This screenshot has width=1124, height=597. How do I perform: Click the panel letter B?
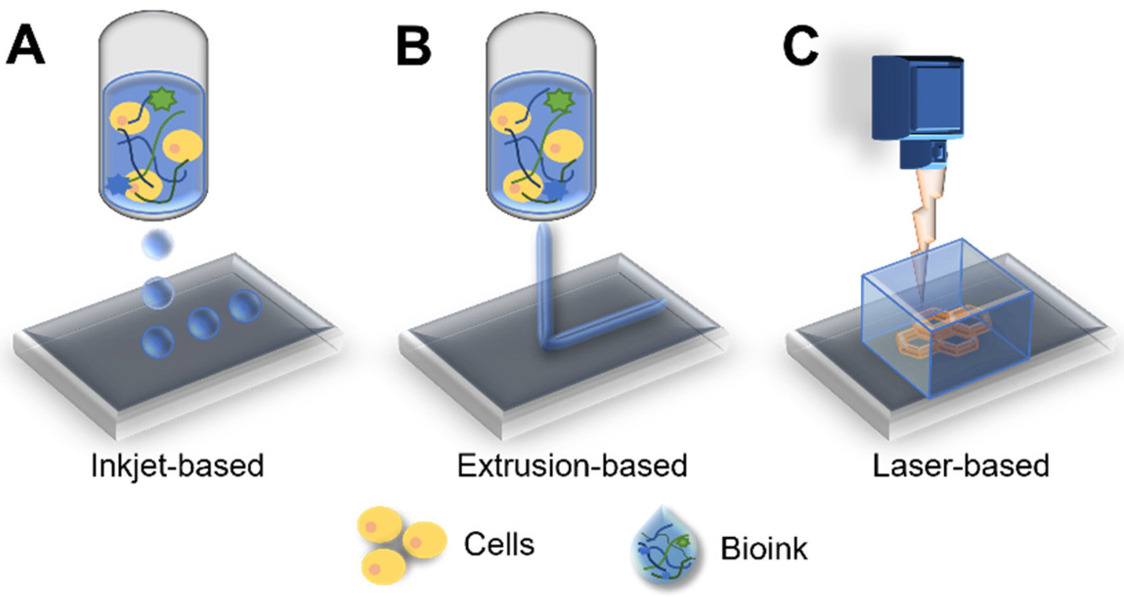pos(413,46)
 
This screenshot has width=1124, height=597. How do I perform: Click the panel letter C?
pos(801,46)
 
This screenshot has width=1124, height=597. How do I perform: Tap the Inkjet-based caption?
pos(177,466)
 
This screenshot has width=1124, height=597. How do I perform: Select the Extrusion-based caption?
pos(572,466)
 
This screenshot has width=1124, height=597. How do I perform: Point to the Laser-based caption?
pos(961,466)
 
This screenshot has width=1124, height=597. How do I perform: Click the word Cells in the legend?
pos(499,545)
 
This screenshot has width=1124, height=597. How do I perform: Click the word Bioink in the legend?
pos(764,548)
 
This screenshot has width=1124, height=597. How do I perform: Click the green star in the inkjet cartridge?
pos(163,99)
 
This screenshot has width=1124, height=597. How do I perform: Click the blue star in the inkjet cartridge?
pos(118,184)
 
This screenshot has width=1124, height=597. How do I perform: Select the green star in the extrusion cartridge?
pos(558,101)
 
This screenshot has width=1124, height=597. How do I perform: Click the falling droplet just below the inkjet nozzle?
pos(158,244)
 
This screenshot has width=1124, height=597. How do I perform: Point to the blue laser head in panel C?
pos(918,104)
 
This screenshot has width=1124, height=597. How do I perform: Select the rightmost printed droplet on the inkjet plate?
pos(245,306)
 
